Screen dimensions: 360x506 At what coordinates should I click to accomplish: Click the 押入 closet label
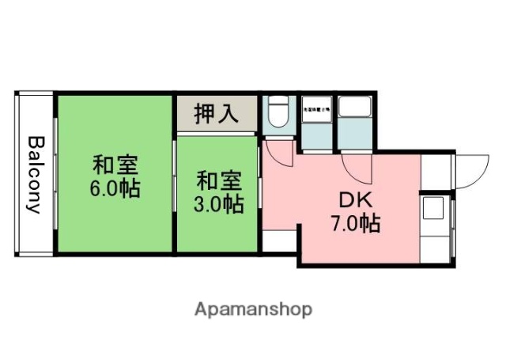(217, 112)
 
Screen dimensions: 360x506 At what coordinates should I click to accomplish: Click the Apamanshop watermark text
(253, 309)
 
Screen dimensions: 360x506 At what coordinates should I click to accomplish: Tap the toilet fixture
(278, 113)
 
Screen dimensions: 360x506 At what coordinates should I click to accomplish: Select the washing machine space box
(318, 119)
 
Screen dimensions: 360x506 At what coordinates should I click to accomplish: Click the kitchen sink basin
(433, 209)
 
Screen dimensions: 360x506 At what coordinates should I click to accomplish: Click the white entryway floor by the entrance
(435, 171)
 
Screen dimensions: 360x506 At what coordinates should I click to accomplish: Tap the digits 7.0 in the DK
(344, 224)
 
